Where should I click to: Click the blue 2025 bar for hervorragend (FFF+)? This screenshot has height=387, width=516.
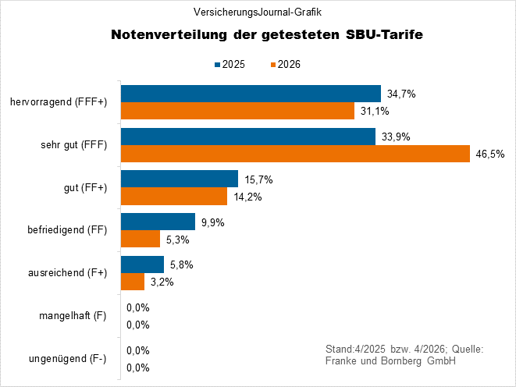click(x=250, y=94)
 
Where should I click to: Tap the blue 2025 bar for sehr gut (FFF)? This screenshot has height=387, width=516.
click(x=247, y=137)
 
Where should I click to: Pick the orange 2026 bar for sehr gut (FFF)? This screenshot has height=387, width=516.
click(x=294, y=154)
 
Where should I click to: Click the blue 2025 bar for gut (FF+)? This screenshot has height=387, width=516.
click(x=179, y=179)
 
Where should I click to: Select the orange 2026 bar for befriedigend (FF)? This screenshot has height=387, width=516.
click(x=140, y=239)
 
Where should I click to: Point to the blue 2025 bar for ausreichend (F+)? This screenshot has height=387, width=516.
click(x=141, y=265)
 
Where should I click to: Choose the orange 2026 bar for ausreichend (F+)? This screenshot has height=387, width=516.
click(x=132, y=282)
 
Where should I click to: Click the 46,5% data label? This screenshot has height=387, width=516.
click(x=489, y=154)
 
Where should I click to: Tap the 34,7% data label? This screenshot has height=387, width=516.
click(x=401, y=94)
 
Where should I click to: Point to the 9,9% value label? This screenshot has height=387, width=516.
click(x=213, y=222)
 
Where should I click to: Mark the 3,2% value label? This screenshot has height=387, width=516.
click(x=162, y=282)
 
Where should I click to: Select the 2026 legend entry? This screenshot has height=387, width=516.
click(x=285, y=64)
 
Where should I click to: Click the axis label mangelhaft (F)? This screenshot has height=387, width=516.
click(x=73, y=316)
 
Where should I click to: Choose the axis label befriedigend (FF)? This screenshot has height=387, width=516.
click(x=66, y=230)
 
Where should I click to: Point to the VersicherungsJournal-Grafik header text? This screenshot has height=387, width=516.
click(x=257, y=12)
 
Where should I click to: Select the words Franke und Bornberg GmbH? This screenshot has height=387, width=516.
click(x=390, y=361)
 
